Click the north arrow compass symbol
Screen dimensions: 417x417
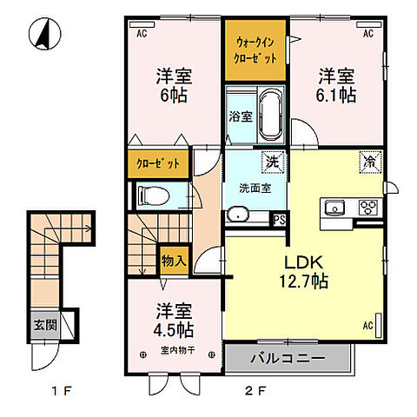[45, 34]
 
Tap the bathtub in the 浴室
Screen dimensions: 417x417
[271, 115]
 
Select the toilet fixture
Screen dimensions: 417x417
[154, 196]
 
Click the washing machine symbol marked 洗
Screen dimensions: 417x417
[273, 162]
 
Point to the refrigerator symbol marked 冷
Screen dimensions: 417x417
[371, 162]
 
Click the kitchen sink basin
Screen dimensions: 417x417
[334, 208]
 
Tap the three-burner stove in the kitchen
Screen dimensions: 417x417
[368, 208]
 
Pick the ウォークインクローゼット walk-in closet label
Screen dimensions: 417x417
[255, 50]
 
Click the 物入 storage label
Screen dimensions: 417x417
[174, 261]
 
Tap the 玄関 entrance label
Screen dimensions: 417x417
[45, 325]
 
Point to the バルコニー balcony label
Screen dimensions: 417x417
[288, 359]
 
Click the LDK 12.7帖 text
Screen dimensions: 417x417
[303, 271]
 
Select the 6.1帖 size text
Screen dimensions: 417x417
[336, 95]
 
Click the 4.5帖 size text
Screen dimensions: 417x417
[174, 329]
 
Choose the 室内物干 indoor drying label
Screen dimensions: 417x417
[177, 350]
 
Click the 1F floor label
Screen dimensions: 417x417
[62, 392]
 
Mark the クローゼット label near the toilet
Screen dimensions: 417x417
[158, 164]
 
